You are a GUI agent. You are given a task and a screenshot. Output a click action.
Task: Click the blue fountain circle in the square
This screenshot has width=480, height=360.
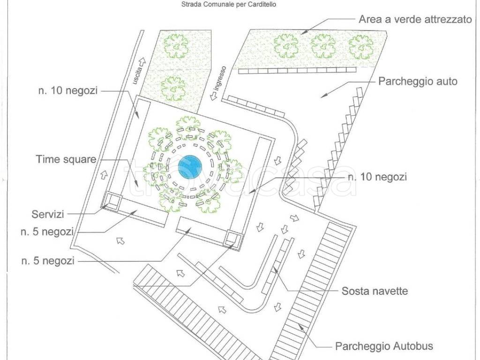click(190, 166)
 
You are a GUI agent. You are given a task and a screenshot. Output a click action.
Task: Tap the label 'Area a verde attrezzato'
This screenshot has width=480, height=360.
click(415, 20)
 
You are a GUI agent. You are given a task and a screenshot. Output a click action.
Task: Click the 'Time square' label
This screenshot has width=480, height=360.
click(66, 159)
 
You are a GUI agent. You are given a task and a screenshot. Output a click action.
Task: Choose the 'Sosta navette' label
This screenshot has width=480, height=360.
click(375, 291)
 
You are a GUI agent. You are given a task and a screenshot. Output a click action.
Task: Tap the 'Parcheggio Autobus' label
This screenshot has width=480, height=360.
click(384, 347)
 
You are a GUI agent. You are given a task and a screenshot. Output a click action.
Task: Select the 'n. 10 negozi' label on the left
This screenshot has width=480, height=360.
click(67, 91)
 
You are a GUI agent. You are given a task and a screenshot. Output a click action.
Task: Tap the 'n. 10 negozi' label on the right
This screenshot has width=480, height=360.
click(377, 177)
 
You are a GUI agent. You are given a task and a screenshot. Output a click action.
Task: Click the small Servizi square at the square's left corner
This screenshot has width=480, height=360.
click(112, 200)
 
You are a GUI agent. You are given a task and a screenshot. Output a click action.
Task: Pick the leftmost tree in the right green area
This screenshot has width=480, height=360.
click(286, 46)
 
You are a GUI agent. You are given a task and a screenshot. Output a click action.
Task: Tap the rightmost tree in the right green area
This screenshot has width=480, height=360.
click(361, 46)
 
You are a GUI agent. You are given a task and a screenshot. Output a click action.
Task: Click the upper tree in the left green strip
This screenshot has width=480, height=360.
click(176, 46)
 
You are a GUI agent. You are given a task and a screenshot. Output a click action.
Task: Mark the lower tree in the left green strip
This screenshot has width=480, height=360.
click(172, 88)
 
